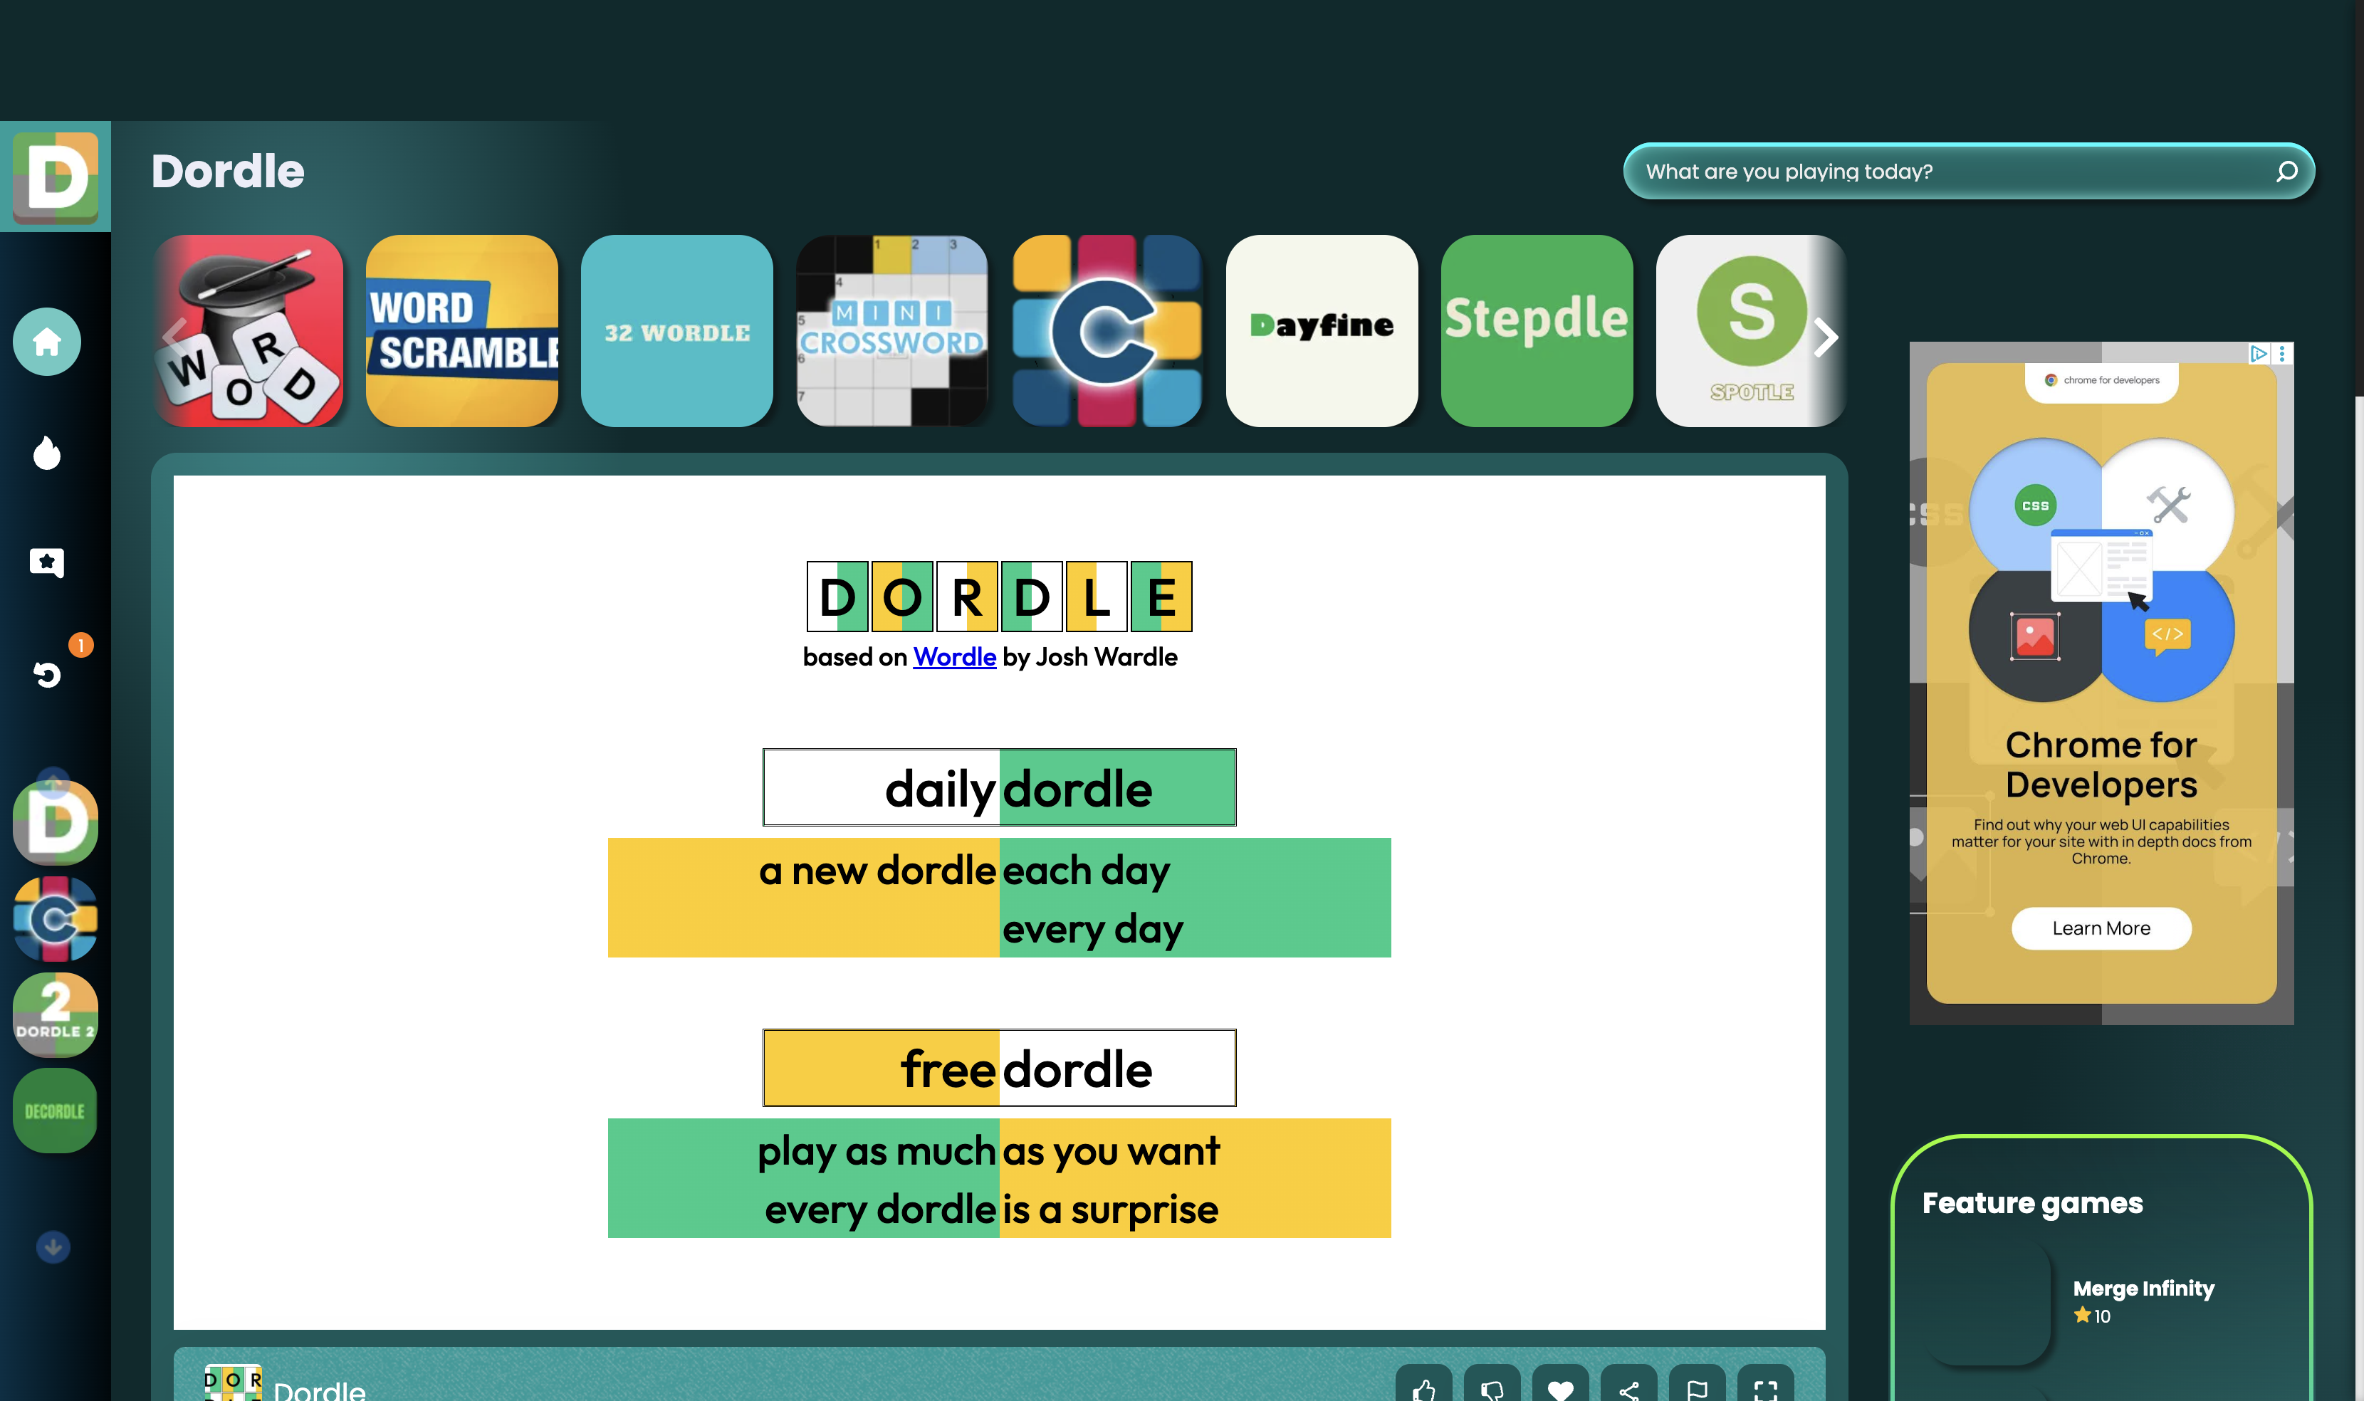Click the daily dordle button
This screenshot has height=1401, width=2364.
click(999, 787)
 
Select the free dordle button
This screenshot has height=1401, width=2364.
click(999, 1068)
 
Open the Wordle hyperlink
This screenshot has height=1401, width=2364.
click(954, 657)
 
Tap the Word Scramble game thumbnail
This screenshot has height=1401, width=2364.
click(461, 331)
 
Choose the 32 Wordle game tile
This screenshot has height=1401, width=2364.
click(677, 331)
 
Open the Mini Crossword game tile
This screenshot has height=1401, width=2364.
click(892, 331)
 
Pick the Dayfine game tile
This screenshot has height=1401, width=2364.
click(1322, 331)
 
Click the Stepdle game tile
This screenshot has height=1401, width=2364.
click(1537, 331)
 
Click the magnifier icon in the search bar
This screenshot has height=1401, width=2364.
click(2286, 172)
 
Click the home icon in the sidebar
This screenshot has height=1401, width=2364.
click(47, 342)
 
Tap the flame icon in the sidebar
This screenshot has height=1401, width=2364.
click(47, 453)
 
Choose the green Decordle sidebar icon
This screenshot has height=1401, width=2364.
click(55, 1111)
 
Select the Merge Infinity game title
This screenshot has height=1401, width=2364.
click(2143, 1289)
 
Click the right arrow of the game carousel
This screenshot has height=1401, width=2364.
click(1826, 337)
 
